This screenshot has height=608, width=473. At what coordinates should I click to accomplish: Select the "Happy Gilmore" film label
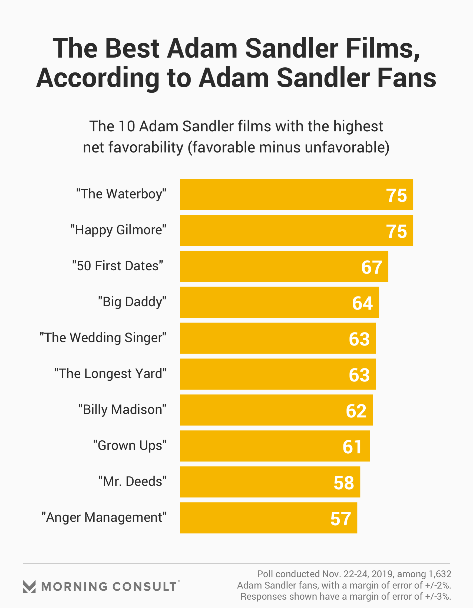pyautogui.click(x=118, y=230)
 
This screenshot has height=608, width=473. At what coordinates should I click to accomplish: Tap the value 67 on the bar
pyautogui.click(x=371, y=267)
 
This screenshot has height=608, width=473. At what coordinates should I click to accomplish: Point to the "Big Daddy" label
pyautogui.click(x=132, y=302)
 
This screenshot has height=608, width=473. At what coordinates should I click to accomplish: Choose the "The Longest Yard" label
pyautogui.click(x=110, y=374)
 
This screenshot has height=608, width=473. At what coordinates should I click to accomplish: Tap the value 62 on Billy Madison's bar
pyautogui.click(x=356, y=411)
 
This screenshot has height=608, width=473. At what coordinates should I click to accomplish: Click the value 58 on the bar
pyautogui.click(x=344, y=483)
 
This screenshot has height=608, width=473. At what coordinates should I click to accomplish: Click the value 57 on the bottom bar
pyautogui.click(x=340, y=519)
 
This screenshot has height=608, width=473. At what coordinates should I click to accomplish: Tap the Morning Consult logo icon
pyautogui.click(x=29, y=587)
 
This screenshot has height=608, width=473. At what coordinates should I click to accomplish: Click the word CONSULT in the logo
pyautogui.click(x=145, y=587)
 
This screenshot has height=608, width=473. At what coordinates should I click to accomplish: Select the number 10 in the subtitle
pyautogui.click(x=127, y=127)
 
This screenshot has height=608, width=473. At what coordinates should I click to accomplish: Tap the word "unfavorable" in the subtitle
pyautogui.click(x=344, y=147)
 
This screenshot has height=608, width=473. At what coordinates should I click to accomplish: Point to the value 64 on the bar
pyautogui.click(x=362, y=303)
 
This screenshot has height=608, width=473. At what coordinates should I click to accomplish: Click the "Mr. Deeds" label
pyautogui.click(x=132, y=481)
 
